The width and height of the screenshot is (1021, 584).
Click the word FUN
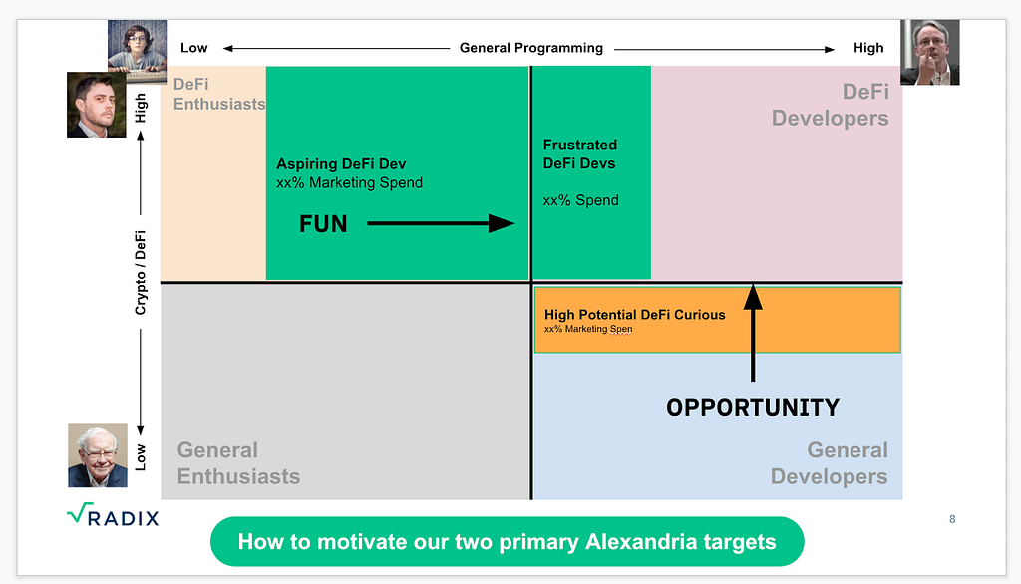(x=323, y=224)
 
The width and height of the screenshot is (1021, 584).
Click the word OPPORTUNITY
(x=753, y=408)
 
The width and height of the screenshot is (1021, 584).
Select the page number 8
(x=952, y=519)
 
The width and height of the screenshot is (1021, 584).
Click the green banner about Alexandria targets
(x=507, y=542)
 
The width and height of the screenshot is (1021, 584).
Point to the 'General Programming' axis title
(x=531, y=48)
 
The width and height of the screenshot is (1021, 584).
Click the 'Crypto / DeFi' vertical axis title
(x=140, y=272)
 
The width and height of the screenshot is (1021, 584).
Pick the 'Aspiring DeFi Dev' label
(x=341, y=164)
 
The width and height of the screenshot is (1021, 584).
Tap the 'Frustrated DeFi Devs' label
(x=580, y=153)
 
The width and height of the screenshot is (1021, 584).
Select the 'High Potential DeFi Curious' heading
(x=635, y=315)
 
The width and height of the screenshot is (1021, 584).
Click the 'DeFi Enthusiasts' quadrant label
(x=219, y=94)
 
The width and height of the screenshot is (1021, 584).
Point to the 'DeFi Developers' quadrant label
(x=831, y=105)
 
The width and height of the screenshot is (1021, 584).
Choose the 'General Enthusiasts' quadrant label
(x=238, y=462)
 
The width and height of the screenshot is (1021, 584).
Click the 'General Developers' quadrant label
(x=829, y=462)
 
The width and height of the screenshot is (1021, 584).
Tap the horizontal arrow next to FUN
(x=441, y=223)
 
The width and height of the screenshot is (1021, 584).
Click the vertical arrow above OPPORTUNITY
(x=753, y=333)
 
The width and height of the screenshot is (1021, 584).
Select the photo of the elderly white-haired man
(x=98, y=455)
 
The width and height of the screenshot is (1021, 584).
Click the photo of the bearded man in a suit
(x=97, y=105)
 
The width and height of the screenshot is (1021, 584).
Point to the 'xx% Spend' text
(x=581, y=200)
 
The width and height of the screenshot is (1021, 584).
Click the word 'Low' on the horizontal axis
(x=194, y=48)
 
